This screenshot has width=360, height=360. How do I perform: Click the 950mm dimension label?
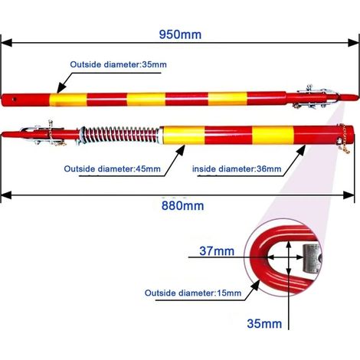pyautogui.click(x=180, y=34)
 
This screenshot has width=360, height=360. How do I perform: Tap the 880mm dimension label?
pyautogui.click(x=182, y=206)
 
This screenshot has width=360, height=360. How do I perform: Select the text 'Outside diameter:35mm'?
pyautogui.click(x=119, y=64)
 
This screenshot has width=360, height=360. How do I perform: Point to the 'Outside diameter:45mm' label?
pyautogui.click(x=113, y=169)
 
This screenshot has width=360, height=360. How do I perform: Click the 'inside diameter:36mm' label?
pyautogui.click(x=237, y=169)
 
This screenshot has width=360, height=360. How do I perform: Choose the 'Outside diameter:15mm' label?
pyautogui.click(x=193, y=293)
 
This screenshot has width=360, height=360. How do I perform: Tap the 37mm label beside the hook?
pyautogui.click(x=217, y=251)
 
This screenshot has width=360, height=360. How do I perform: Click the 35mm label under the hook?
pyautogui.click(x=264, y=323)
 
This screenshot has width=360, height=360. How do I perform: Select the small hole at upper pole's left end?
pyautogui.click(x=15, y=99)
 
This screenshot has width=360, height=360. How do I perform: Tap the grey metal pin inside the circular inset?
pyautogui.click(x=312, y=258)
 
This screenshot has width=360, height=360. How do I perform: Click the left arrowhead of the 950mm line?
pyautogui.click(x=7, y=43)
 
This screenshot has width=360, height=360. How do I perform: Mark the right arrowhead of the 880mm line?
pyautogui.click(x=349, y=195)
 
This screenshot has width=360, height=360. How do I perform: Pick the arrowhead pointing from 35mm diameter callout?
pyautogui.click(x=61, y=88)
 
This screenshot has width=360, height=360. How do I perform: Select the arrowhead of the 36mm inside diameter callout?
pyautogui.click(x=301, y=150)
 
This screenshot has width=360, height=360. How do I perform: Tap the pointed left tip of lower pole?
pyautogui.click(x=2, y=134)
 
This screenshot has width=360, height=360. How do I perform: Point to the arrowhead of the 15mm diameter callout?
pyautogui.click(x=256, y=285)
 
